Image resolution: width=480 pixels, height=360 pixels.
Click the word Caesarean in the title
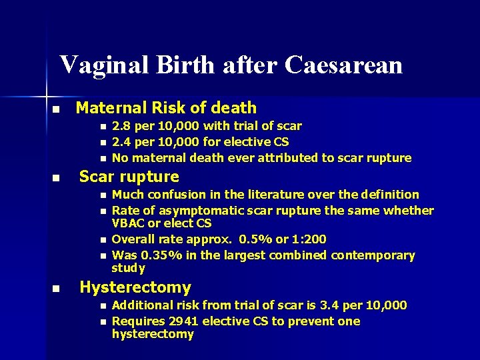tap(343, 65)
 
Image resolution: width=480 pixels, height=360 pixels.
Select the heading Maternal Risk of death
tap(166, 107)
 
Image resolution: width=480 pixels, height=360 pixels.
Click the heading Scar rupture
tap(129, 177)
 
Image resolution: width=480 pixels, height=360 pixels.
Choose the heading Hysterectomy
tap(135, 288)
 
